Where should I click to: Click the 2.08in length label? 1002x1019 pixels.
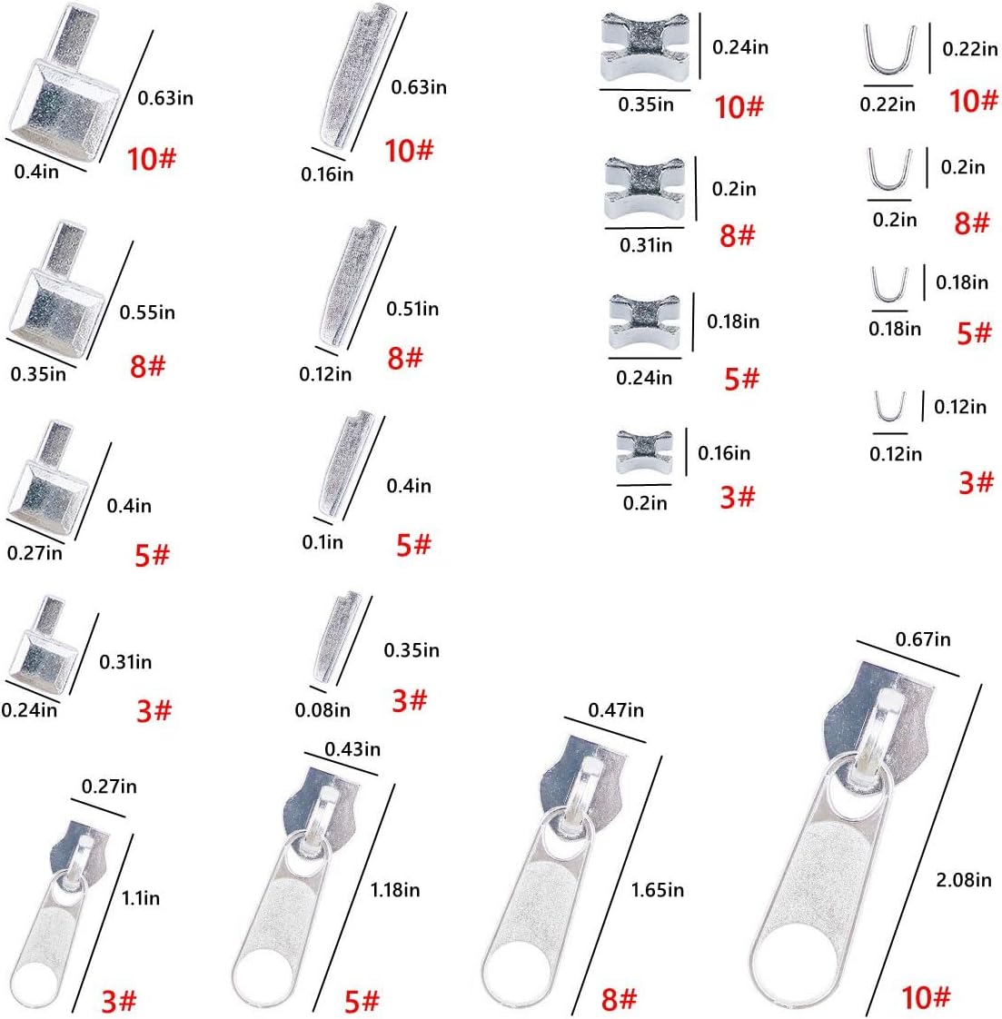964,879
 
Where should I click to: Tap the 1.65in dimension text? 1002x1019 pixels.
657,890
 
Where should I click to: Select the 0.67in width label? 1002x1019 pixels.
923,639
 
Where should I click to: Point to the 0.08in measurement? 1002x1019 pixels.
322,710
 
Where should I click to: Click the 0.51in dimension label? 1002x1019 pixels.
412,309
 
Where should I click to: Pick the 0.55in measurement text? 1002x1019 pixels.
147,312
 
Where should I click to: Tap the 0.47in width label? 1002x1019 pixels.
616,709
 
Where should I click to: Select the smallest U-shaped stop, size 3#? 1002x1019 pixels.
890,407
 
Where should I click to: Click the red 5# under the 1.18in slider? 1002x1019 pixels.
362,1001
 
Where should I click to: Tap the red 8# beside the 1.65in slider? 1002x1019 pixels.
619,1000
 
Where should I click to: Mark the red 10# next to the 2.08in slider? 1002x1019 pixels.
925,997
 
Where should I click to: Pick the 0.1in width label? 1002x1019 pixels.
322,542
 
